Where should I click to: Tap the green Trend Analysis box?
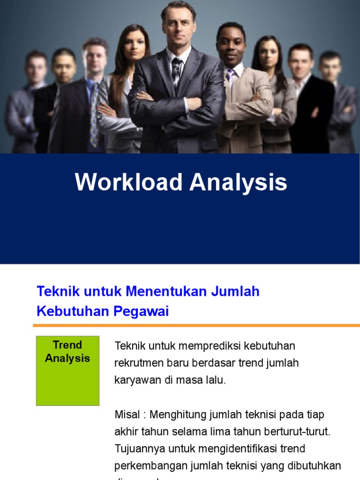pos(67,370)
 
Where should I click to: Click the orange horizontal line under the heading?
pos(196,325)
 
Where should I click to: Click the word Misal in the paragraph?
pos(127,415)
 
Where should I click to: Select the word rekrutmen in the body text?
pos(136,363)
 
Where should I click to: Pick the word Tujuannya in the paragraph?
pos(138,449)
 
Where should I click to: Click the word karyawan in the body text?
pos(136,380)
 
